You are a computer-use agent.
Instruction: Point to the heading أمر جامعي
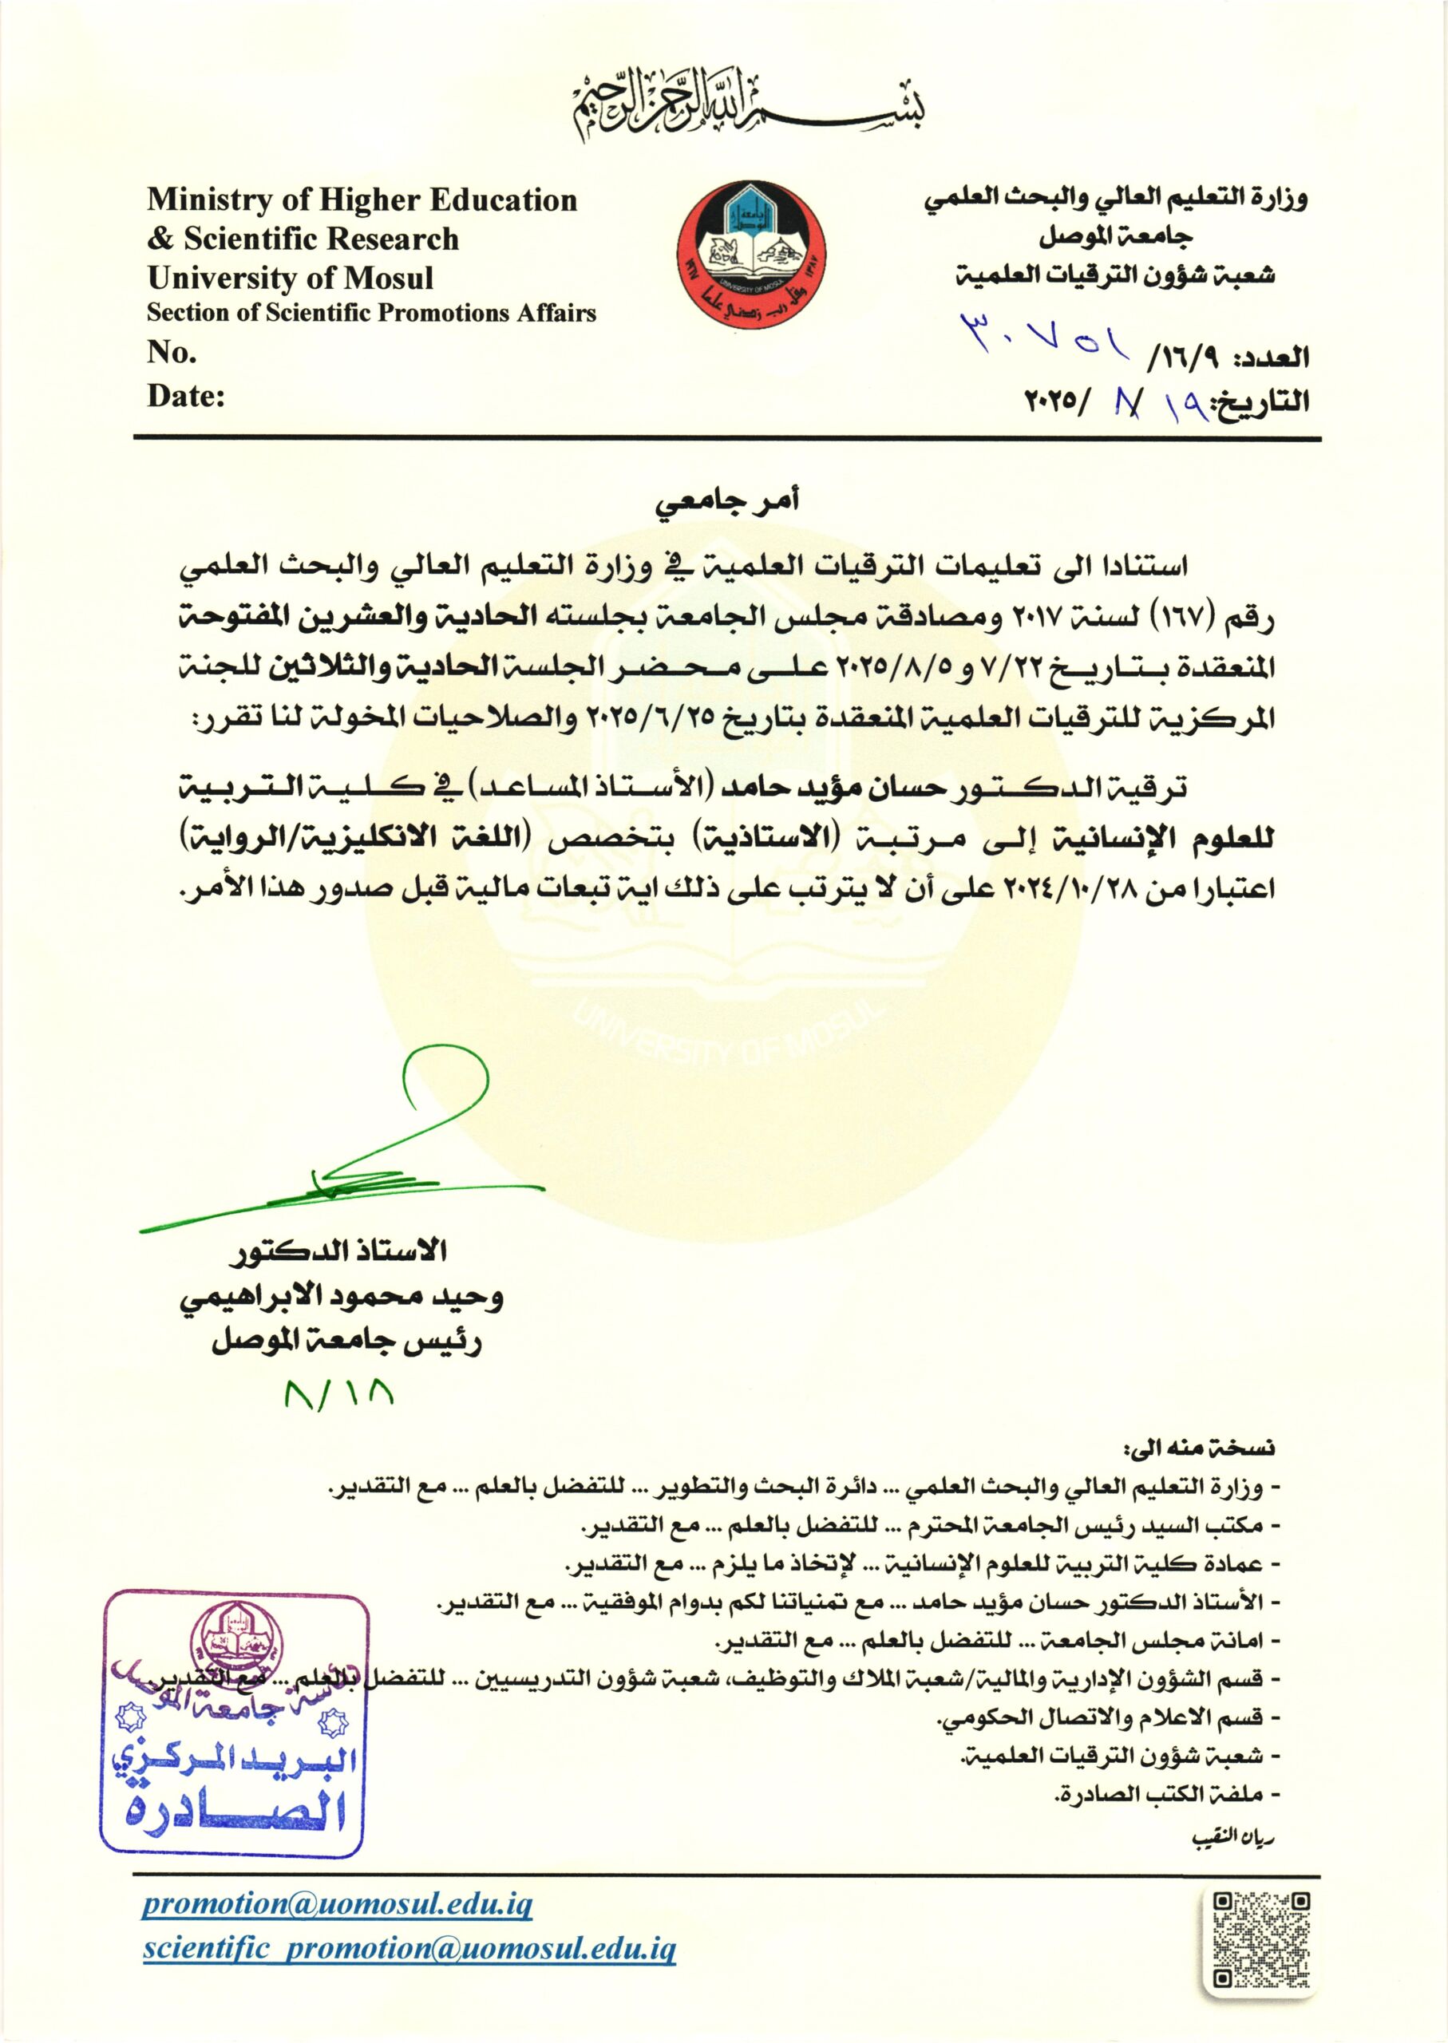(724, 506)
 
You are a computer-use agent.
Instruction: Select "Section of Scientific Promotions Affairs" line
(371, 314)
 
